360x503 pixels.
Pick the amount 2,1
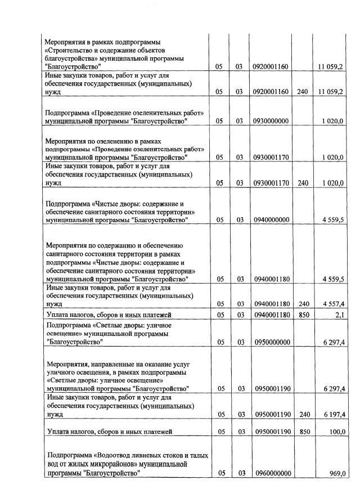click(x=339, y=315)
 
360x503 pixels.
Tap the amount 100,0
click(x=336, y=432)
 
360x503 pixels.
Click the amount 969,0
click(x=337, y=474)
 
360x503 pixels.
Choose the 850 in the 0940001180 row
click(x=304, y=315)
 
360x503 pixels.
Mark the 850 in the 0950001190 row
click(x=304, y=432)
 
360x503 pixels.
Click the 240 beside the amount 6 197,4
click(x=304, y=415)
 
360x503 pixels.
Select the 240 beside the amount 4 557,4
click(x=304, y=303)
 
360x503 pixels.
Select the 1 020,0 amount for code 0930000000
click(x=333, y=121)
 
